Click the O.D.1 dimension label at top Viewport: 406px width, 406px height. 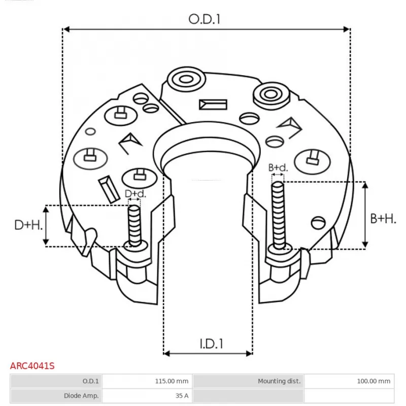[x=206, y=19]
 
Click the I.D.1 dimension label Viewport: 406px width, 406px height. [x=211, y=344]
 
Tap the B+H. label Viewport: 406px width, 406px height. [x=383, y=219]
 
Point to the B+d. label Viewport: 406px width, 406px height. [x=278, y=167]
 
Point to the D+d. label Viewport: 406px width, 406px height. [x=135, y=193]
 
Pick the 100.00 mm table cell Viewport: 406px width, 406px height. [x=374, y=381]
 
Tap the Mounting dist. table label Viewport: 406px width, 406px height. [x=279, y=381]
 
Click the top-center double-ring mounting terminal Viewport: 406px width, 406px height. [x=184, y=80]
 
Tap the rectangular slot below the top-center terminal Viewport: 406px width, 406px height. [x=213, y=105]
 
